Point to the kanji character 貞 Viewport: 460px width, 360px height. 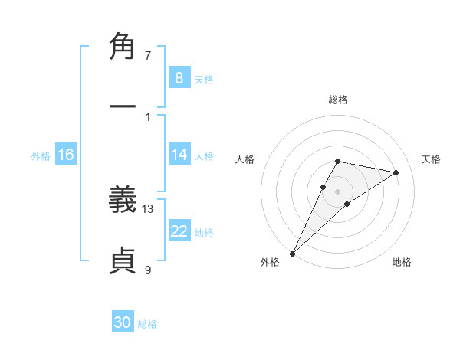point(123,261)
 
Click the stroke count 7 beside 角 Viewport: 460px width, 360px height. point(148,56)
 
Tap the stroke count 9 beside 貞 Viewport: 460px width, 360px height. point(148,269)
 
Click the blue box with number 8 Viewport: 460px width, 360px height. point(179,77)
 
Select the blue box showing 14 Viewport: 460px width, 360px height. point(179,155)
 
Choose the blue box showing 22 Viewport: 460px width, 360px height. point(179,231)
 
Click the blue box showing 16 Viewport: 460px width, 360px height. point(66,155)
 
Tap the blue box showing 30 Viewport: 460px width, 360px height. point(123,322)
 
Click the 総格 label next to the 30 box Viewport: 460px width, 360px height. point(148,324)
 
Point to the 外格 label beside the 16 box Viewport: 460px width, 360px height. point(41,156)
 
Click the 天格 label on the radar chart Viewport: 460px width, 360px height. point(431,159)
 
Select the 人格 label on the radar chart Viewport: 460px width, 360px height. point(245,159)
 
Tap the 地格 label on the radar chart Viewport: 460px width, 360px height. point(402,262)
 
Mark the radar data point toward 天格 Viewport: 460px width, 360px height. point(396,172)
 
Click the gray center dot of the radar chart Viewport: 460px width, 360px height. point(337,191)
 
